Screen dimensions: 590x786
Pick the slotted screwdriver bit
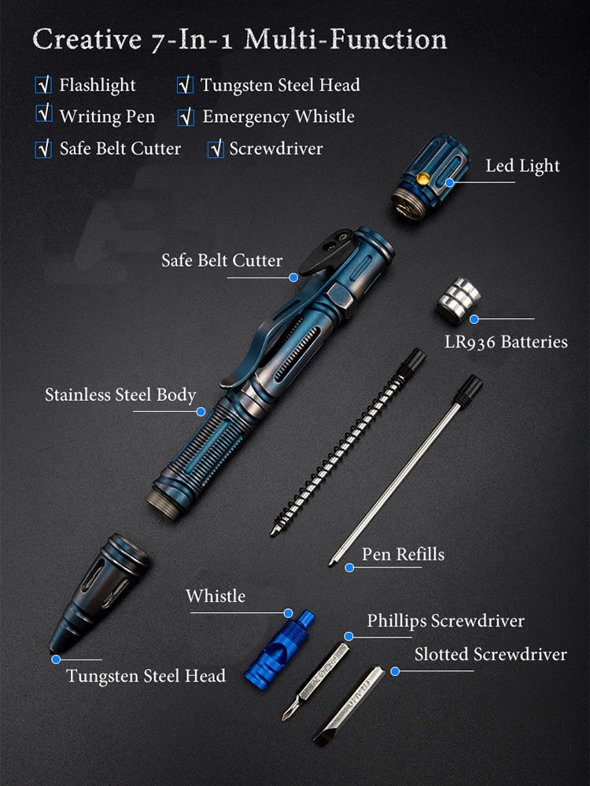click(348, 705)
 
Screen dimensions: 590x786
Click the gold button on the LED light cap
click(423, 178)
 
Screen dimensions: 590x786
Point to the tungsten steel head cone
click(99, 593)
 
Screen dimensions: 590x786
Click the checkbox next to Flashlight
click(43, 85)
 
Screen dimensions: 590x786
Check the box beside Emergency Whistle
click(186, 117)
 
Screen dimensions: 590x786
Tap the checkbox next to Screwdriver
click(216, 149)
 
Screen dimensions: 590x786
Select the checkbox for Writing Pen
click(44, 113)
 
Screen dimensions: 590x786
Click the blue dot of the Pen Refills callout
click(349, 568)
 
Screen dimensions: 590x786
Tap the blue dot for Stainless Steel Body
click(201, 412)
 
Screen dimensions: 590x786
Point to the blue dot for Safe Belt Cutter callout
click(293, 277)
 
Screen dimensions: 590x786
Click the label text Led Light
click(522, 166)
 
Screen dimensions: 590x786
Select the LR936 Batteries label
click(506, 342)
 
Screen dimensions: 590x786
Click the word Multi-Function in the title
click(345, 39)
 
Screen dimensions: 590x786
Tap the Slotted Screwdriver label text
click(491, 654)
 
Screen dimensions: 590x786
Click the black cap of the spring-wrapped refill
click(414, 359)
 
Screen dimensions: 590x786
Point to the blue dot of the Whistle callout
click(288, 613)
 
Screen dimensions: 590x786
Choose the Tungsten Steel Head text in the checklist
click(281, 85)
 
